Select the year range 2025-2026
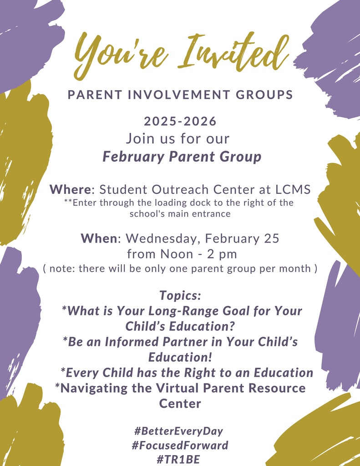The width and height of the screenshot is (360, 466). tap(180, 122)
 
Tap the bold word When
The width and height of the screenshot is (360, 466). tap(100, 238)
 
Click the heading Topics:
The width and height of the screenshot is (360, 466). tap(180, 295)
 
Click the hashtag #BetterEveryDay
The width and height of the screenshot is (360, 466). tap(179, 431)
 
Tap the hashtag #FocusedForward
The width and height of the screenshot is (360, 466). tap(180, 445)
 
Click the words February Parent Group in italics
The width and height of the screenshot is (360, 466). tap(182, 157)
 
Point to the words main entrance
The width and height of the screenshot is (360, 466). tap(201, 213)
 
